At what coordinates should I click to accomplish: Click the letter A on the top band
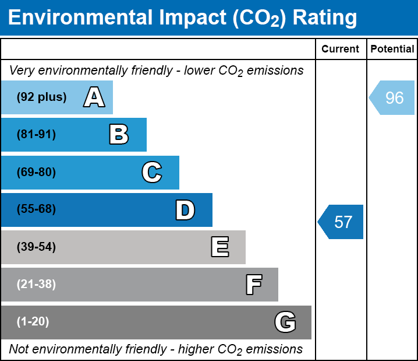[x=94, y=97]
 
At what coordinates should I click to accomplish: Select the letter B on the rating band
[x=119, y=135]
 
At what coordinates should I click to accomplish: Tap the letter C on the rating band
[x=151, y=173]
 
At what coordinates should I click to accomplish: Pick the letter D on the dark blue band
[x=185, y=210]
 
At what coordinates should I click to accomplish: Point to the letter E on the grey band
[x=219, y=247]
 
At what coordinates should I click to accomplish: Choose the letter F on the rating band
[x=253, y=285]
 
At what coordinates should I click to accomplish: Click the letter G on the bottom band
[x=285, y=322]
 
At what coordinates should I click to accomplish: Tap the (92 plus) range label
[x=41, y=97]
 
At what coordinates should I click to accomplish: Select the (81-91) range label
[x=36, y=135]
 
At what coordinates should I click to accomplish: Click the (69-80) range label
[x=36, y=173]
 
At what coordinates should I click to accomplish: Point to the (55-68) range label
[x=36, y=209]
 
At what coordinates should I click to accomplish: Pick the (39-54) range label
[x=36, y=247]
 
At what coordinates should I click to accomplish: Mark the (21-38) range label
[x=36, y=285]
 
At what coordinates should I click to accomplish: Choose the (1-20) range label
[x=33, y=322]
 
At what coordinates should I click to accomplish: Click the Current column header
[x=341, y=50]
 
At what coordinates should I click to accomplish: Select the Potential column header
[x=392, y=50]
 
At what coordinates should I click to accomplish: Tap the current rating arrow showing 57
[x=342, y=222]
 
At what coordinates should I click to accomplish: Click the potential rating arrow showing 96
[x=393, y=97]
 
